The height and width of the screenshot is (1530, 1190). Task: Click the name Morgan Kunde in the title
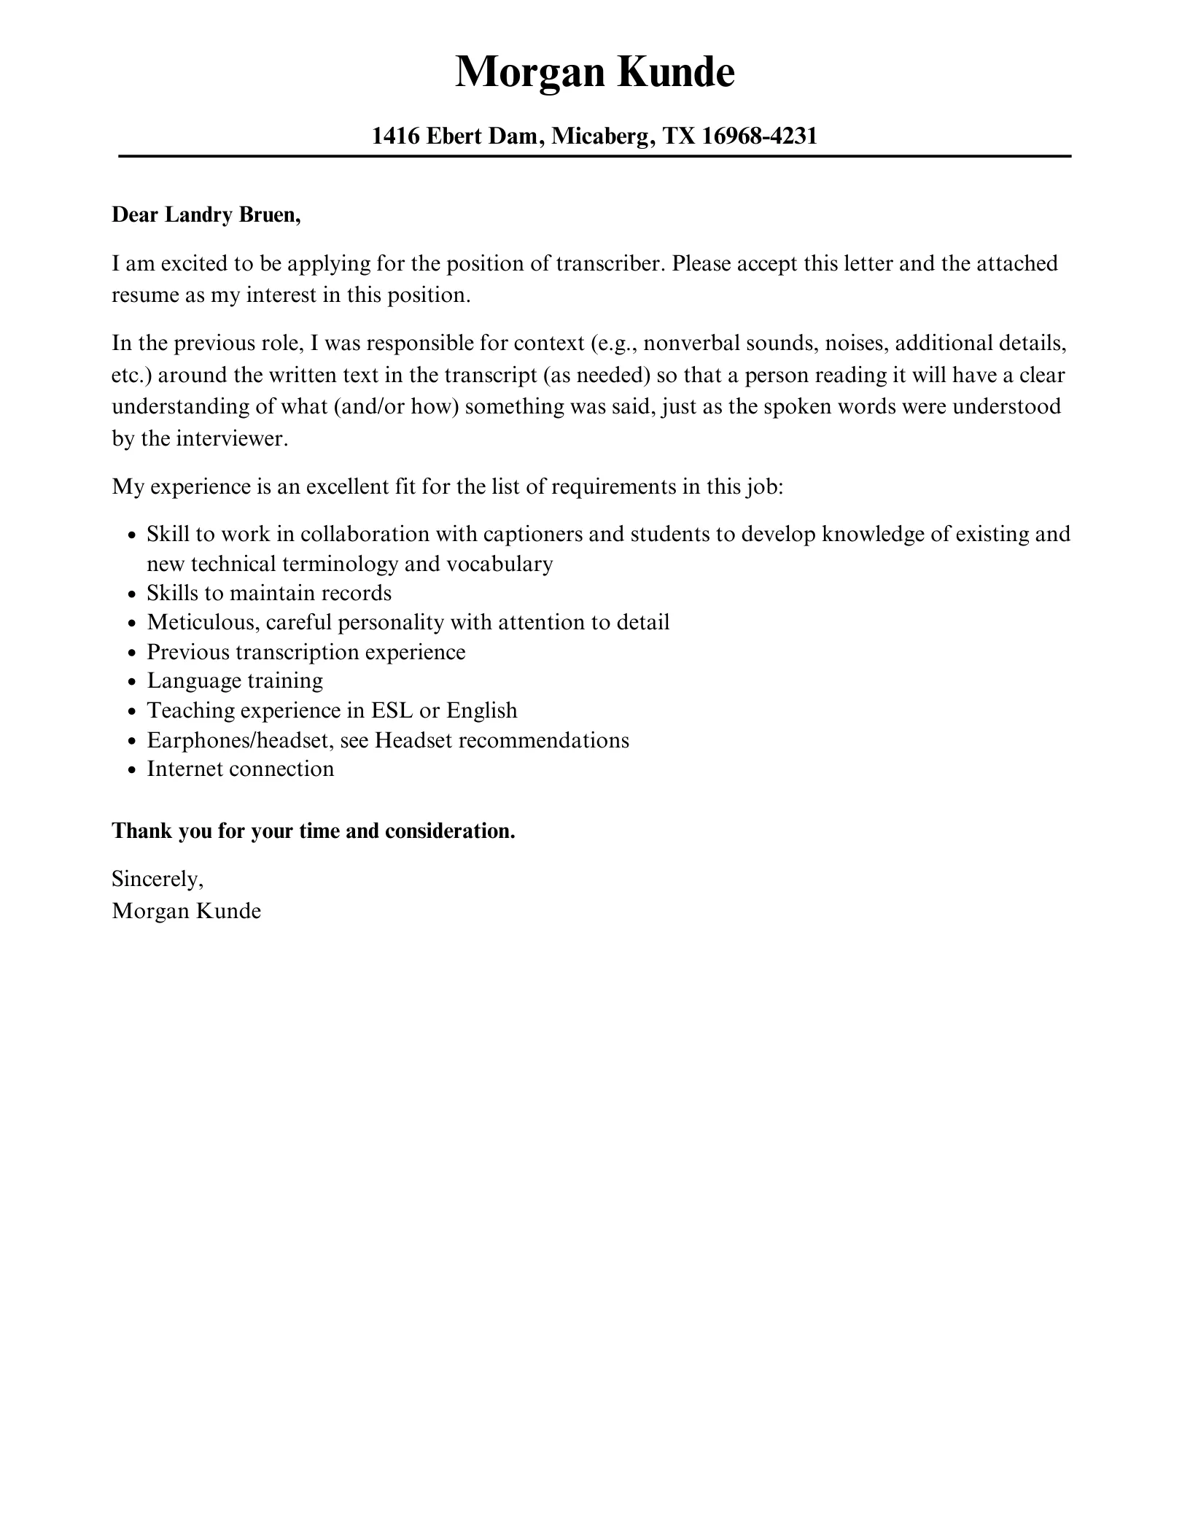594,72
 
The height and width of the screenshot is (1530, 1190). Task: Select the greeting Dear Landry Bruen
206,215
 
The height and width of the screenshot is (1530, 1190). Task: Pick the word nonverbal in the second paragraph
691,343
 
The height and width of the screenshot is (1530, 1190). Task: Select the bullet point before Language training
131,682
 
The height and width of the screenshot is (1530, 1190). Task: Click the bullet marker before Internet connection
131,770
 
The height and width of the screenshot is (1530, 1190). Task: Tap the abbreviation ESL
392,710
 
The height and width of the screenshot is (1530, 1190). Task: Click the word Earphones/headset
240,740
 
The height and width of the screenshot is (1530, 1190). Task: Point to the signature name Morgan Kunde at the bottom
186,911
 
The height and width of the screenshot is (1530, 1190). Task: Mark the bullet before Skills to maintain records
131,594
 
